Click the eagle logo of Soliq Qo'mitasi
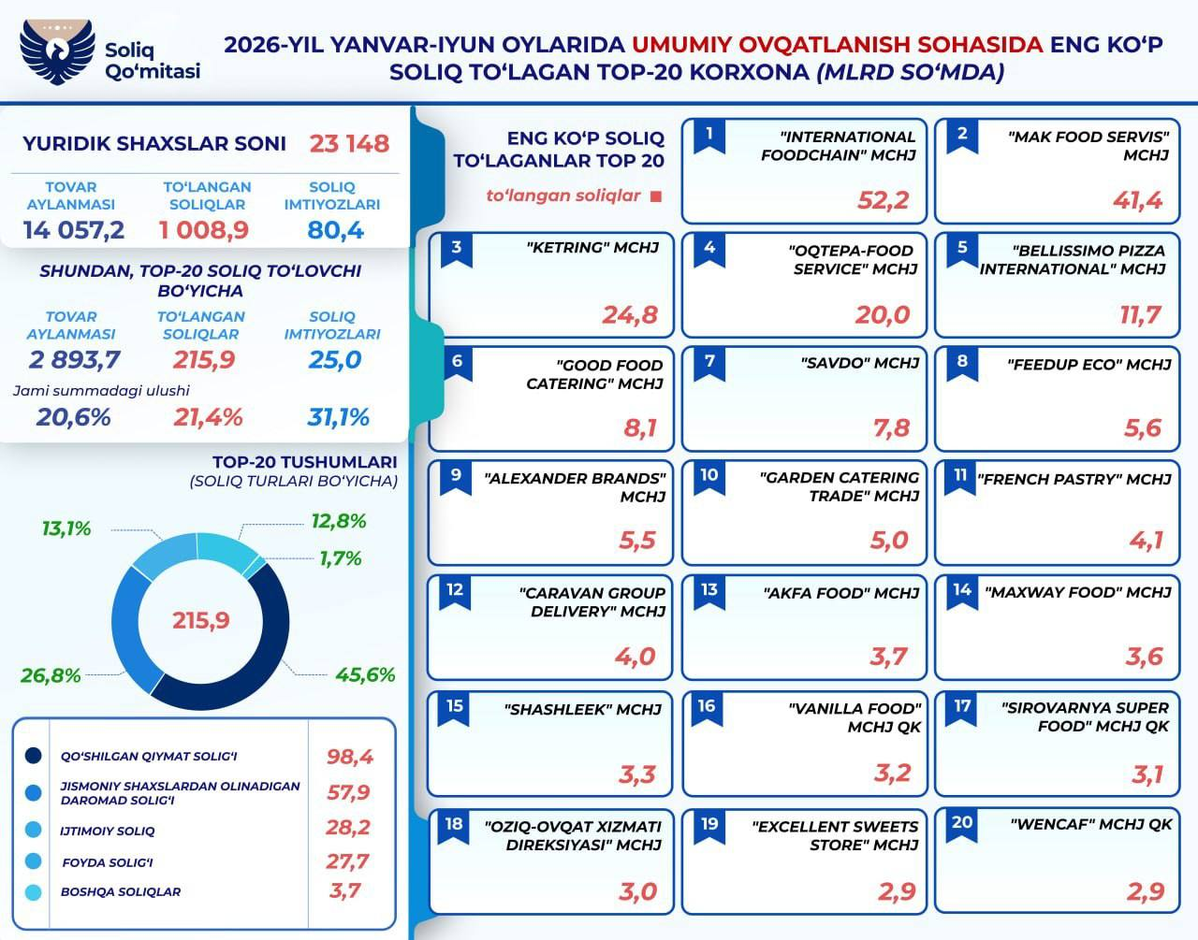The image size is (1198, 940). pyautogui.click(x=57, y=51)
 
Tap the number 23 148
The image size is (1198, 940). pyautogui.click(x=349, y=144)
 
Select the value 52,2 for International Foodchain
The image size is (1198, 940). pyautogui.click(x=884, y=200)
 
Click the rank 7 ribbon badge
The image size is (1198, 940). pyautogui.click(x=709, y=365)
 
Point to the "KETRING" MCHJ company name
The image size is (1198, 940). pyautogui.click(x=592, y=247)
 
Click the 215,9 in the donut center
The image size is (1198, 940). pyautogui.click(x=200, y=621)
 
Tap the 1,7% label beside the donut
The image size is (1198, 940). pyautogui.click(x=341, y=558)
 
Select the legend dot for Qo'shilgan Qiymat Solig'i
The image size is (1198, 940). pyautogui.click(x=34, y=756)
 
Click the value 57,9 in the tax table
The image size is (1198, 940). pyautogui.click(x=348, y=792)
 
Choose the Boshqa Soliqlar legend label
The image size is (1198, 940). pyautogui.click(x=121, y=891)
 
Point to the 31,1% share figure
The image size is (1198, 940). pyautogui.click(x=338, y=417)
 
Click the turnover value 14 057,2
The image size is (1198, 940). pyautogui.click(x=74, y=230)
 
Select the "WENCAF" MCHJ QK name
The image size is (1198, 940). pyautogui.click(x=1091, y=824)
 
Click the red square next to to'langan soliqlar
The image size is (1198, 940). pyautogui.click(x=656, y=196)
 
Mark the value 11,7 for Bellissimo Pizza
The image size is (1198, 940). pyautogui.click(x=1140, y=315)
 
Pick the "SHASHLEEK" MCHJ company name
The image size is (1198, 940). pyautogui.click(x=583, y=709)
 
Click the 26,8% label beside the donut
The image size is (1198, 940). pyautogui.click(x=51, y=675)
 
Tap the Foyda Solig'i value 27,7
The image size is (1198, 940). pyautogui.click(x=347, y=861)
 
